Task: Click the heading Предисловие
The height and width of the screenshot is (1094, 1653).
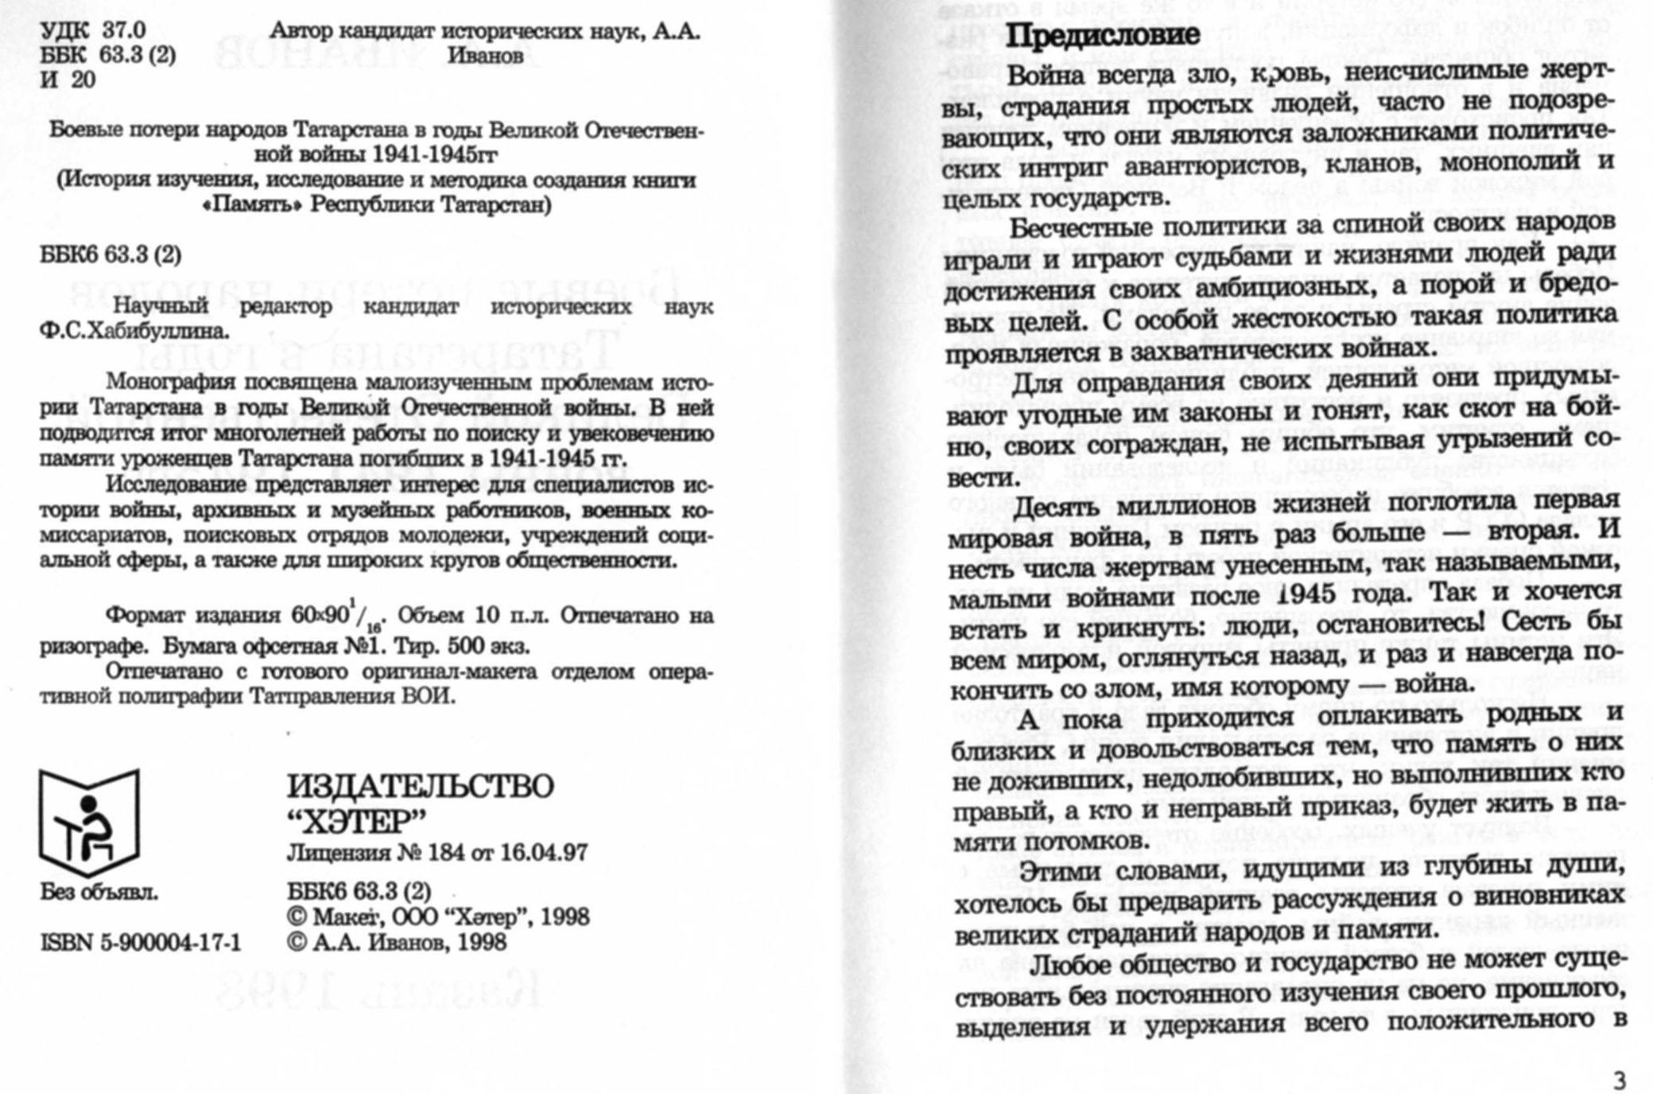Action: (1102, 36)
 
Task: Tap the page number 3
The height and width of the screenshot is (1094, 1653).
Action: (1619, 1080)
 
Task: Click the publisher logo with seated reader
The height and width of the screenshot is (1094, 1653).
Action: (89, 823)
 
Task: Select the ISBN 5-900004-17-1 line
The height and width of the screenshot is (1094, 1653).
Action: (141, 943)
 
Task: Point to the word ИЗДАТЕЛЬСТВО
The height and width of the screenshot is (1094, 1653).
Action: (420, 786)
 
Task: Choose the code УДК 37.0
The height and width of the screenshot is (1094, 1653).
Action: (93, 30)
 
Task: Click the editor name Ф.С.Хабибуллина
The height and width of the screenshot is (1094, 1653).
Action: (134, 331)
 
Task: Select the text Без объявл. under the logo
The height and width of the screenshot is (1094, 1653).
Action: (99, 893)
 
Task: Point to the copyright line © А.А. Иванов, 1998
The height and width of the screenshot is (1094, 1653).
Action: (397, 943)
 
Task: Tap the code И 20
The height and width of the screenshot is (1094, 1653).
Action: (68, 80)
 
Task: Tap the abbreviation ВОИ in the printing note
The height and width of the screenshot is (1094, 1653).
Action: (429, 697)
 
